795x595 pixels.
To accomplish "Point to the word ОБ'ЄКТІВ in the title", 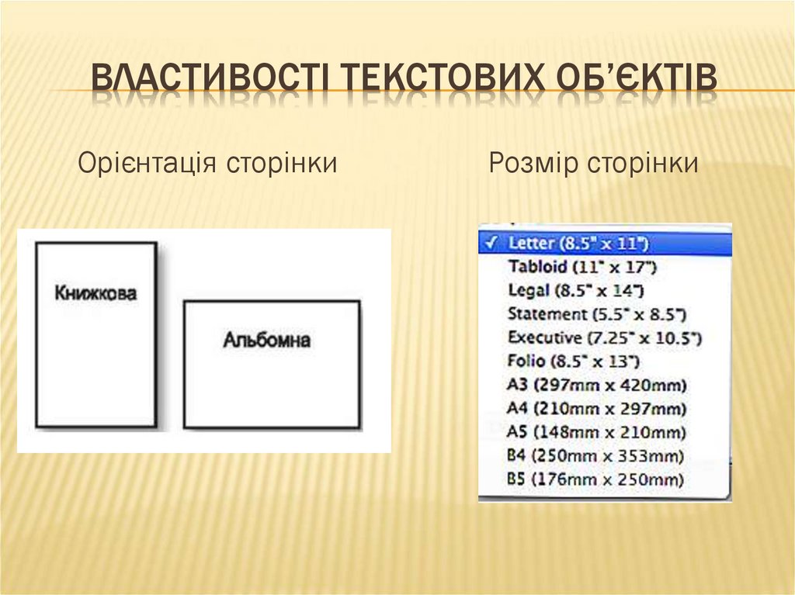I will click(x=637, y=81).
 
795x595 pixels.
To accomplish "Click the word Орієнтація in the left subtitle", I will click(x=148, y=164).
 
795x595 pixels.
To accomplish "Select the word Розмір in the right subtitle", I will click(x=532, y=164).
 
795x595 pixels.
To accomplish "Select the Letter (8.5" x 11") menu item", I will click(x=578, y=243).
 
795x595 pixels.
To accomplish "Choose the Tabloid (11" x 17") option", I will click(x=582, y=267).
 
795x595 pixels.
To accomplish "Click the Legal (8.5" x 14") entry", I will click(x=575, y=291).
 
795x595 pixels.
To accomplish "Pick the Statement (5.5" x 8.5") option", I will click(x=597, y=314).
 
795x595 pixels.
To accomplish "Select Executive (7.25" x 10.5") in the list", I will click(x=604, y=338).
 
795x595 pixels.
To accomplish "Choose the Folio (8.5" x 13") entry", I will click(x=573, y=361).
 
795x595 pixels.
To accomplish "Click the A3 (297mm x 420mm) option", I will click(x=597, y=386).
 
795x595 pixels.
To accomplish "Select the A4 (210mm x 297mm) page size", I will click(x=597, y=409).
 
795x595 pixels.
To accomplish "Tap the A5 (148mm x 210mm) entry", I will click(x=597, y=432).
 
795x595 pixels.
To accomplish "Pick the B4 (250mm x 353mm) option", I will click(x=595, y=455).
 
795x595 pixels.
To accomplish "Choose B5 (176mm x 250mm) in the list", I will click(x=595, y=479).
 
